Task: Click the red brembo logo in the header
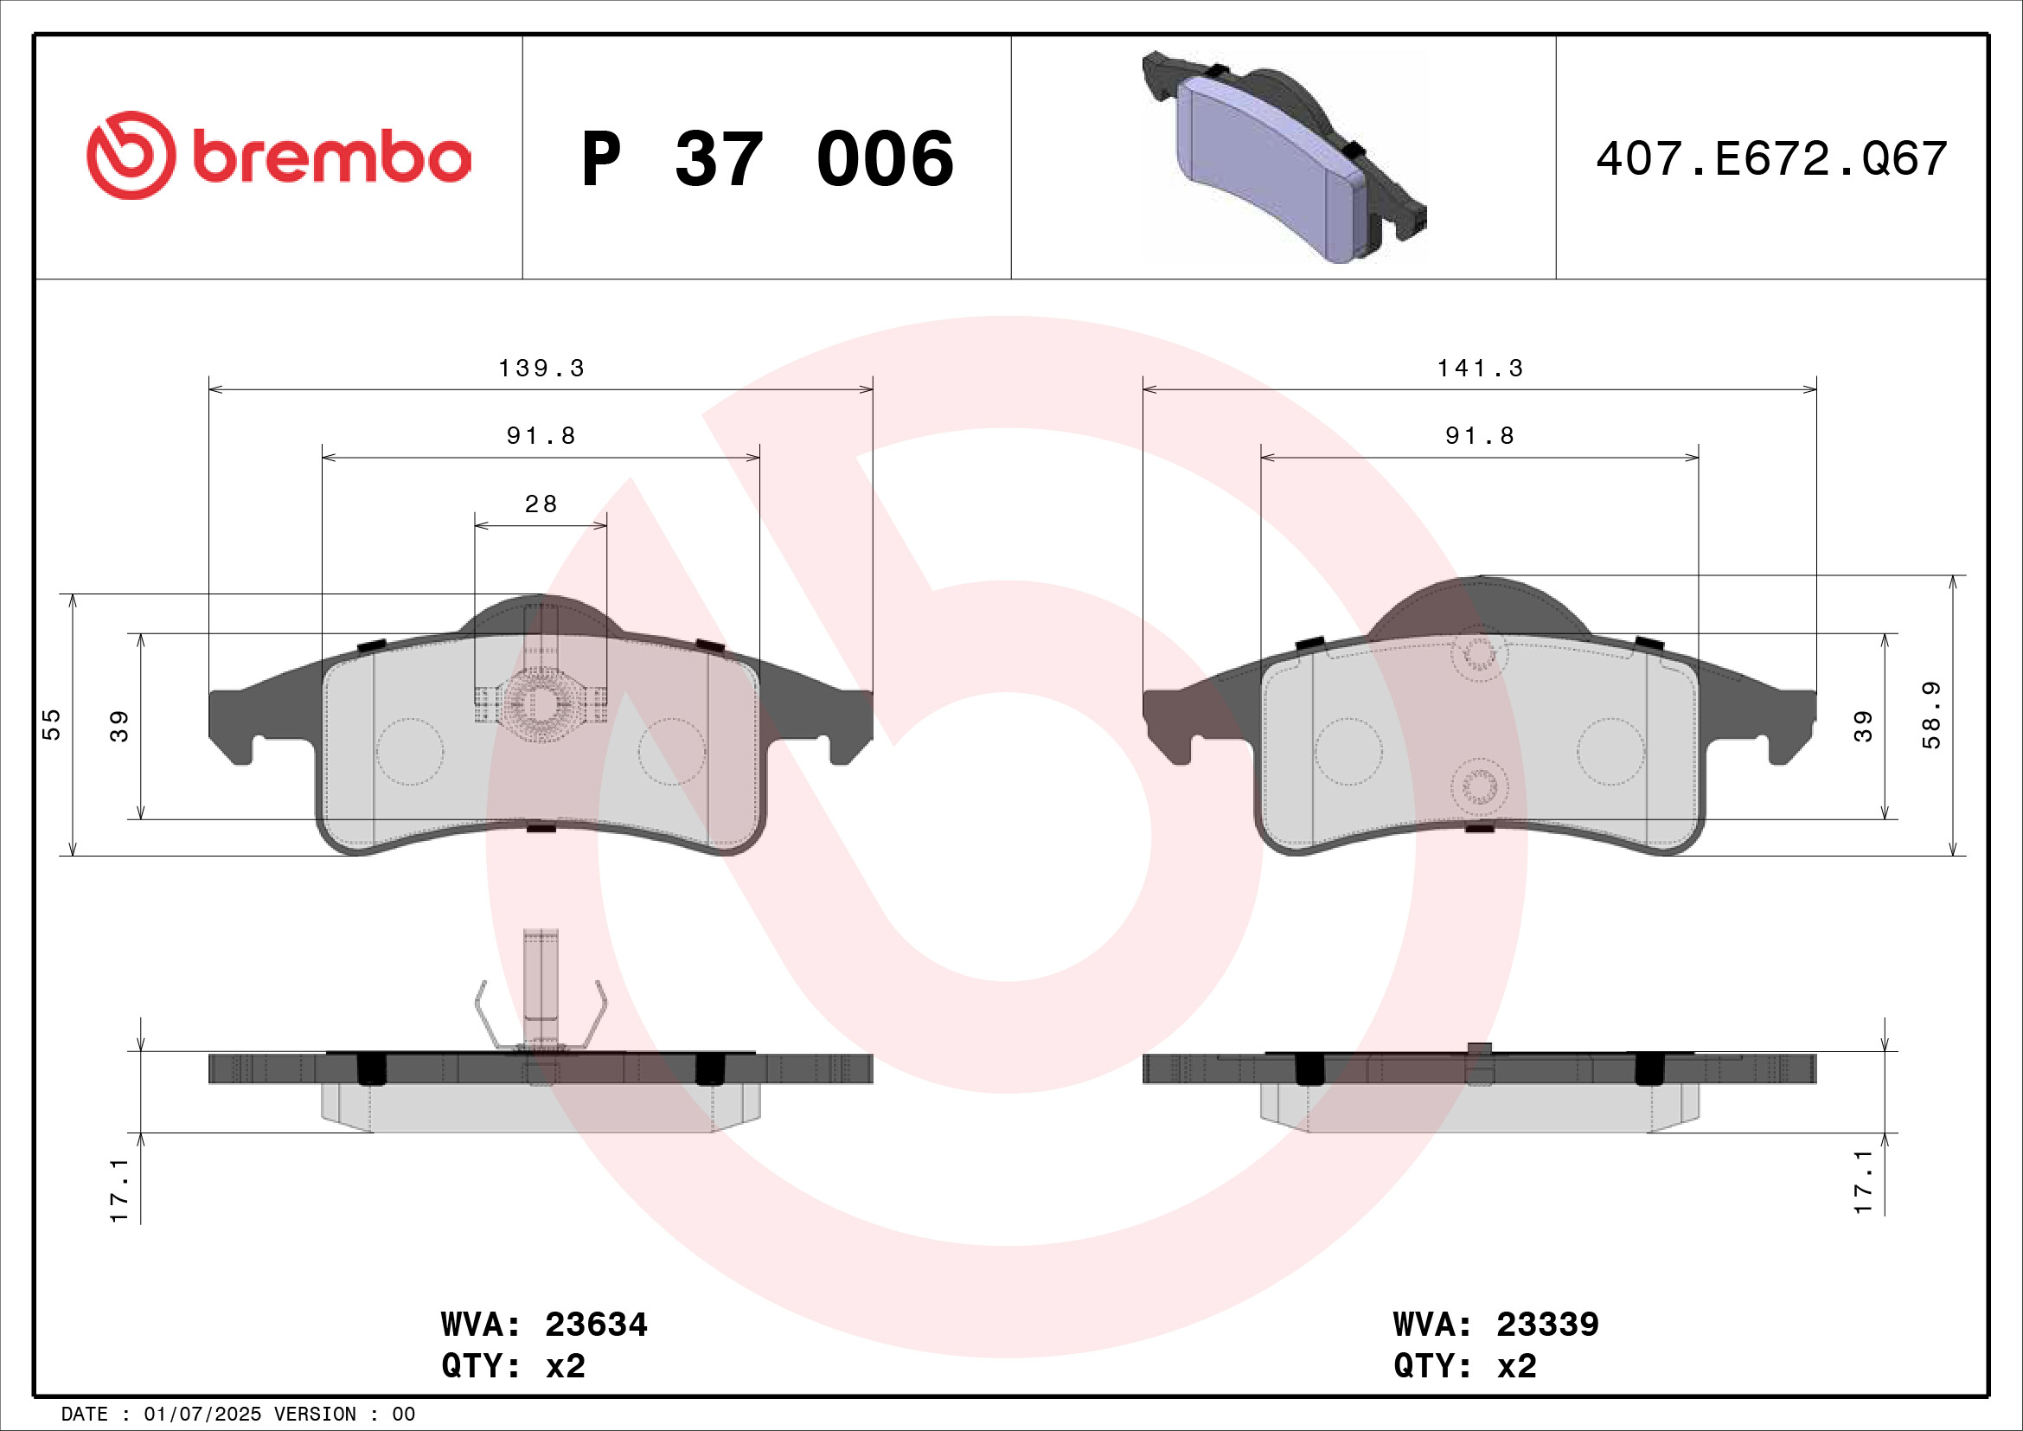point(278,156)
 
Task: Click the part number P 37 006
point(766,159)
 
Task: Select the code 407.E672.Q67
point(1771,159)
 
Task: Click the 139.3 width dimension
point(541,369)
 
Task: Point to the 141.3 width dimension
point(1480,369)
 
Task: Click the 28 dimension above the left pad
point(541,504)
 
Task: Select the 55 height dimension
point(52,724)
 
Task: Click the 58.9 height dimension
point(1931,715)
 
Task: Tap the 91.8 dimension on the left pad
point(541,436)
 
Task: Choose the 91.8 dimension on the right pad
point(1480,436)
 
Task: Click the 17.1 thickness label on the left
point(120,1190)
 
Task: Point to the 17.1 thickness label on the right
point(1863,1183)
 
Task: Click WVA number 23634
point(596,1325)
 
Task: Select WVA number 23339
point(1547,1325)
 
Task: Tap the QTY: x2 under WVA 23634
point(514,1366)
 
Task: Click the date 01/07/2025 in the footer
point(202,1415)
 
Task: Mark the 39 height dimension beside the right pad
point(1863,726)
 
